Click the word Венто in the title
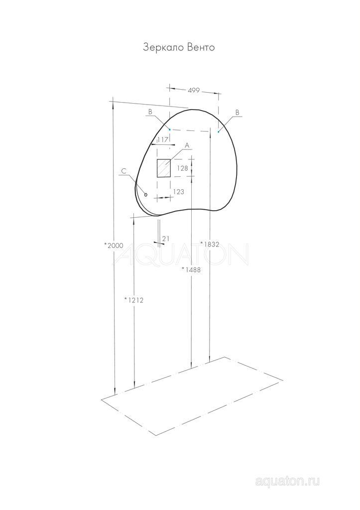coord(201,47)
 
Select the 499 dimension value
coord(194,91)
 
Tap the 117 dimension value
coord(162,140)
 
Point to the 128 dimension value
coord(182,168)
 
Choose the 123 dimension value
coord(178,192)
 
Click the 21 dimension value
coord(166,239)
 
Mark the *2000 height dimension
coord(114,246)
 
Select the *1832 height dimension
coord(210,244)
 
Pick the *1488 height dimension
coord(191,269)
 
